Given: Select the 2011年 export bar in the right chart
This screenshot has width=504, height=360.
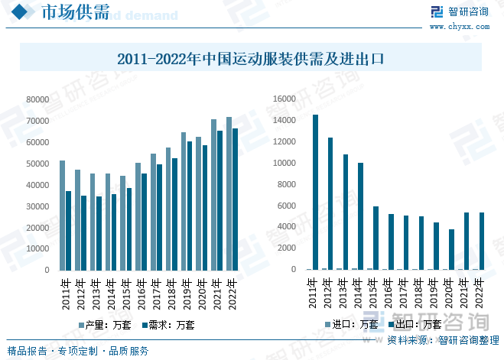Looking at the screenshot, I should point(315,192).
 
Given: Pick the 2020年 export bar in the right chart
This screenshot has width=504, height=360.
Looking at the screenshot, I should point(451,249).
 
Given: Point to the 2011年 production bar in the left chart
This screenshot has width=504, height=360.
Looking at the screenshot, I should point(63,215).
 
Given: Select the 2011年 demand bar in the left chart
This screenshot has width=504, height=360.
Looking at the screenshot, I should point(69,230).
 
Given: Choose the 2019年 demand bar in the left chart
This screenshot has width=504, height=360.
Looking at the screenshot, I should point(190,206).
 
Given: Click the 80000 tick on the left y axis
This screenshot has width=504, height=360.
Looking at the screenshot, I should point(37,99).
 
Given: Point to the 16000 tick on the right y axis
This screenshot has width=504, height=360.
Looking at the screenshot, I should point(284,99).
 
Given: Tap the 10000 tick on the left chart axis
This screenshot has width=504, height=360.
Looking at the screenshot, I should point(37,249).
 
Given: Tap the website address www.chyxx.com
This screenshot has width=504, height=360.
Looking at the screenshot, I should point(459,26).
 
